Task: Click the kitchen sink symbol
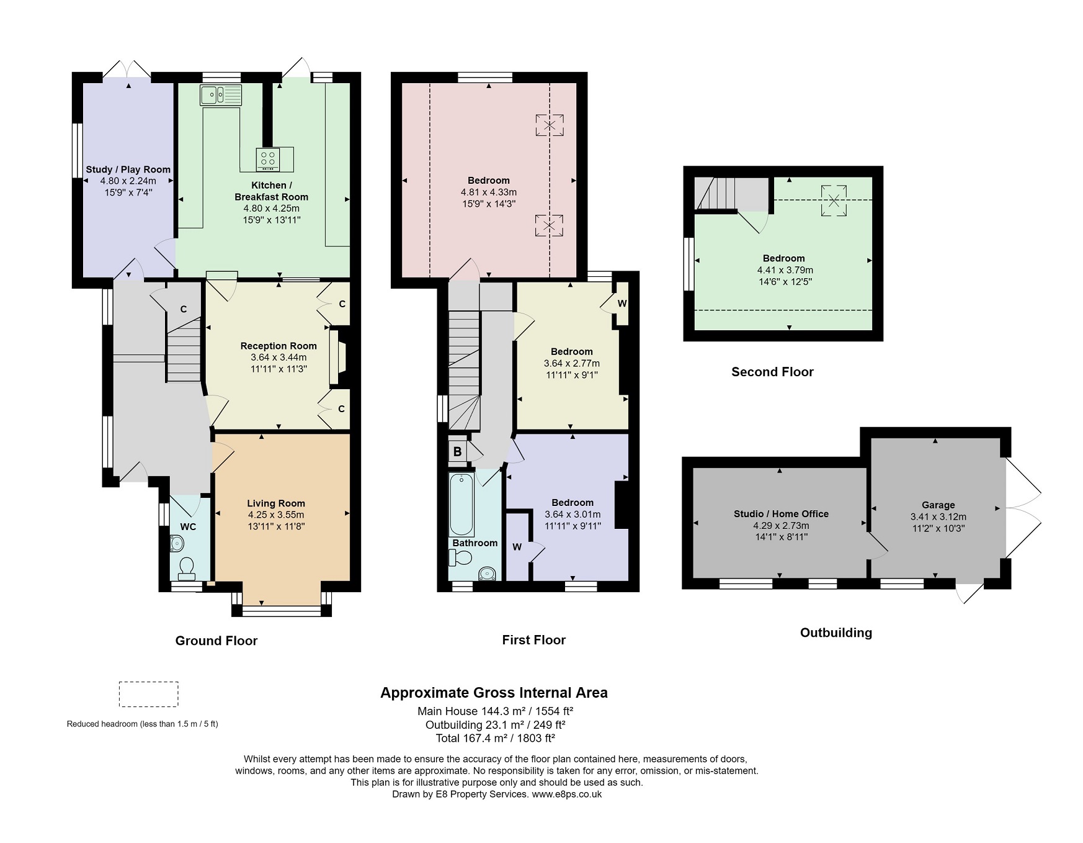[x=220, y=95]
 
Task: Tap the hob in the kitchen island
[x=268, y=160]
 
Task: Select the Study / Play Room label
[x=128, y=169]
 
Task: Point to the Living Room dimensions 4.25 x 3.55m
[x=276, y=515]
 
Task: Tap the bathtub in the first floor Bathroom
[x=461, y=505]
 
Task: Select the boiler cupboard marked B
[x=457, y=451]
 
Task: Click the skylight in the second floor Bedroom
[x=834, y=201]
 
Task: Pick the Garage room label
[x=938, y=505]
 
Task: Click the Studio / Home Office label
[x=781, y=514]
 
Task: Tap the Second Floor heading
[x=772, y=372]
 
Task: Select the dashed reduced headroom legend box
[x=148, y=694]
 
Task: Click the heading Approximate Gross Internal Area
[x=494, y=693]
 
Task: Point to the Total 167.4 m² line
[x=495, y=738]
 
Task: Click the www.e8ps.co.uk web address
[x=566, y=794]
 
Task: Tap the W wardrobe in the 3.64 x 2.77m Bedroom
[x=622, y=304]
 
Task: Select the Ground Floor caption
[x=216, y=641]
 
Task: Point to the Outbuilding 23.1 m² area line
[x=495, y=724]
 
